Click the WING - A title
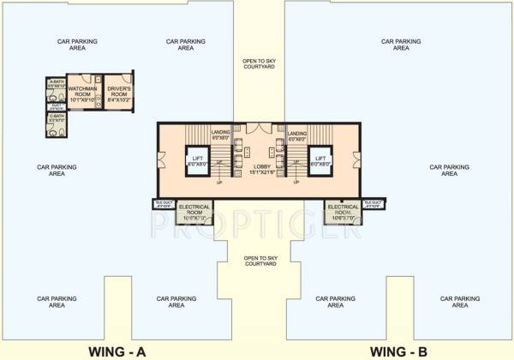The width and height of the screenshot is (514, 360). [123, 350]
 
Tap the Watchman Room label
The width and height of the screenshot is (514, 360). [82, 93]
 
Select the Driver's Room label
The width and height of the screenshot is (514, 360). [118, 93]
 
